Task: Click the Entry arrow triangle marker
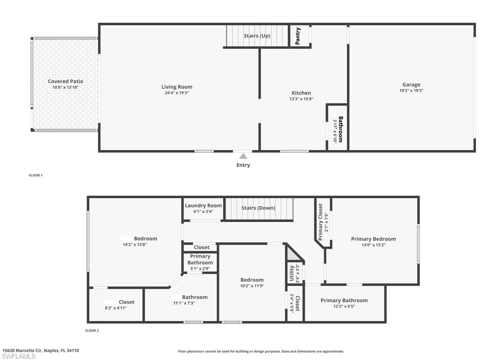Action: (243, 156)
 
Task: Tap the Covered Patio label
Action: (66, 82)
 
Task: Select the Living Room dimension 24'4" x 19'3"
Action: (177, 93)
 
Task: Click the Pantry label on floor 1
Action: (298, 36)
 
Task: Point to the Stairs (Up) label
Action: (257, 36)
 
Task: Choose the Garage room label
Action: (411, 85)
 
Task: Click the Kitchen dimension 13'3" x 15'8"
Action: (301, 99)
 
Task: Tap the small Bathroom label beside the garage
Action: (341, 129)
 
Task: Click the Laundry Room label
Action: (203, 205)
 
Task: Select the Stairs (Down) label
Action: (258, 208)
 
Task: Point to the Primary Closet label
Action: (321, 222)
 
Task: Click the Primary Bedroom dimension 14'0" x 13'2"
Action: (374, 245)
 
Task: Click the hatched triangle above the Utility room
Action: (292, 255)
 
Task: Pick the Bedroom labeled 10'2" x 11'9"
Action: (252, 280)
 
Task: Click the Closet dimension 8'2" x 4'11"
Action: (116, 308)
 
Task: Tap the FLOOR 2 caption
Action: (92, 330)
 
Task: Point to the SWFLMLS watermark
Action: (18, 357)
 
